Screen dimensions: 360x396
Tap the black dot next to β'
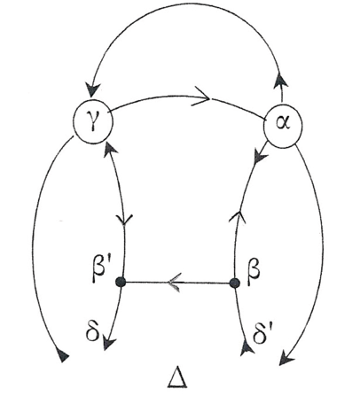[121, 282]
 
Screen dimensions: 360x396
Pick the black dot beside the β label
[235, 283]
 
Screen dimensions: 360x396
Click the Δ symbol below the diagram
[177, 377]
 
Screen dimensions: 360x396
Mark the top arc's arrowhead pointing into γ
[93, 89]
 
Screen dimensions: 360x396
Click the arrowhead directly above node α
[280, 80]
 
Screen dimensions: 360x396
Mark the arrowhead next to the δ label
[108, 342]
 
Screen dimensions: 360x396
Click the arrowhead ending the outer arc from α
[286, 358]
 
